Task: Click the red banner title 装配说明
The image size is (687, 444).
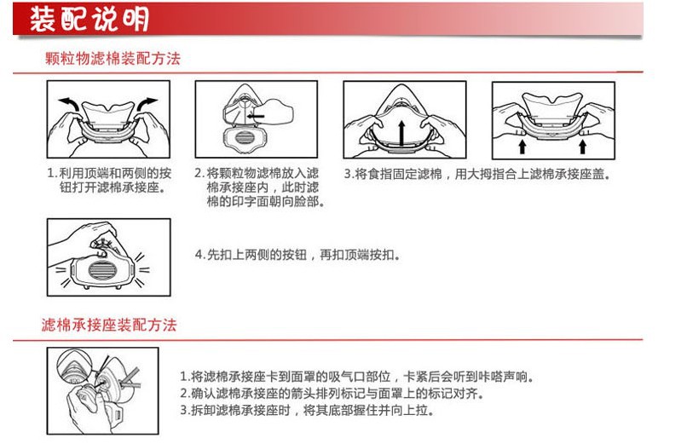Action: pos(89,19)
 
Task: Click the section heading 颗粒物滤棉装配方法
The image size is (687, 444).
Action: pos(113,58)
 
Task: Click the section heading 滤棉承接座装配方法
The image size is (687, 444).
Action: pos(109,325)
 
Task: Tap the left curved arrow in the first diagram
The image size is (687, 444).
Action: pos(68,104)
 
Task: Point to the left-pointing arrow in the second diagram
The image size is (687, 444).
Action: pos(256,117)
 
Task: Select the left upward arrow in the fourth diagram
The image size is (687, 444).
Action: pos(522,147)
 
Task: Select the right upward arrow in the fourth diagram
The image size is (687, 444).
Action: pos(582,147)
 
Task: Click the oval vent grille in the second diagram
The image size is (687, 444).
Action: pos(245,138)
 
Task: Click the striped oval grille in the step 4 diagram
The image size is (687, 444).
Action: pos(102,270)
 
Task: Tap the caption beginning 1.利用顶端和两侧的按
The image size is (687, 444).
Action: pos(109,181)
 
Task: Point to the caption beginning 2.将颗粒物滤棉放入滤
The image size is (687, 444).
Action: pos(259,187)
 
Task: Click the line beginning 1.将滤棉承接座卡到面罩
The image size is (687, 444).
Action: pos(356,377)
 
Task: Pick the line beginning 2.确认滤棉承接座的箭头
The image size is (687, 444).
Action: pos(332,393)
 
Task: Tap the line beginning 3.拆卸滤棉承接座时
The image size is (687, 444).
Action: pos(307,410)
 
